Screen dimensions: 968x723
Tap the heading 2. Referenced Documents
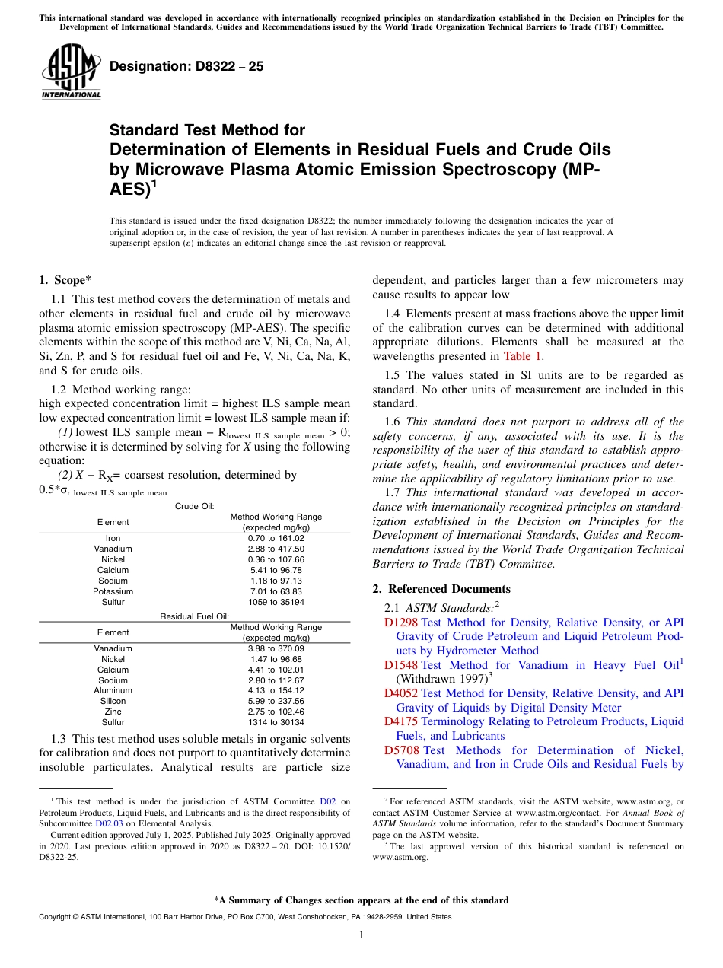click(x=441, y=589)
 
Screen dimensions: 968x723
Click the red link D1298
click(x=400, y=622)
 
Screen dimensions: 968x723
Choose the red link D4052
click(x=400, y=693)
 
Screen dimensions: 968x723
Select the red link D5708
click(x=400, y=750)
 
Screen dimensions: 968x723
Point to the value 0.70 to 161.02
click(x=276, y=539)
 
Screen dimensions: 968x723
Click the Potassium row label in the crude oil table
click(x=113, y=591)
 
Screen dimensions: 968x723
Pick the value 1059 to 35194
click(x=276, y=602)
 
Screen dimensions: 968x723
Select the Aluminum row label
click(x=113, y=691)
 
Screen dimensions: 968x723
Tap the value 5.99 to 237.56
click(x=276, y=701)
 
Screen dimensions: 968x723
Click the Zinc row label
click(x=113, y=712)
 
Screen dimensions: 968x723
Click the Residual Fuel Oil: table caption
click(x=194, y=616)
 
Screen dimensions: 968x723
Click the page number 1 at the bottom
click(x=361, y=935)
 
